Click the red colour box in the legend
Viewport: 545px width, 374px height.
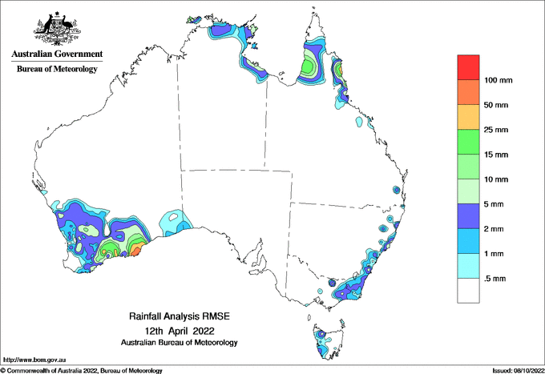[x=469, y=66]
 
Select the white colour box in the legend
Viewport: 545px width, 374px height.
[x=469, y=290]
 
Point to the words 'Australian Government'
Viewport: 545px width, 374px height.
[x=57, y=54]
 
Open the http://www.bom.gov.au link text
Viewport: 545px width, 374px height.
[x=34, y=360]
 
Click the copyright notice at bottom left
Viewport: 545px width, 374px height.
[x=82, y=370]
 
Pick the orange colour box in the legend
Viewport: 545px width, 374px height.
[x=469, y=91]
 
